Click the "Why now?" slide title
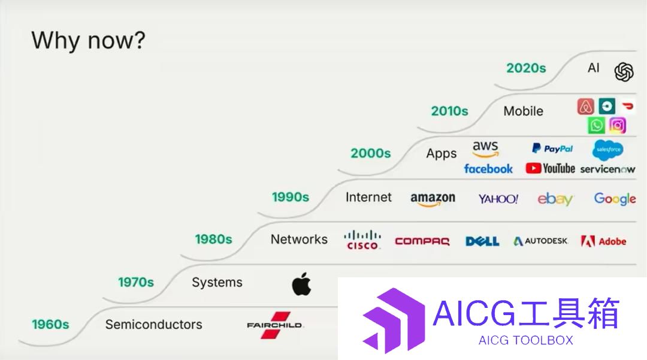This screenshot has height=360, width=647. [88, 40]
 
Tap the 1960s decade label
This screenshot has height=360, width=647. [50, 325]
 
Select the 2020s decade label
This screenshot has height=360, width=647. [526, 68]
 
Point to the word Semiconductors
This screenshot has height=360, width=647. [153, 325]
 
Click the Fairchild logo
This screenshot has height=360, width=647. [275, 325]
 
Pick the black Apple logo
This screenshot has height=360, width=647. [301, 284]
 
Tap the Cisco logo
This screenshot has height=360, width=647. [362, 240]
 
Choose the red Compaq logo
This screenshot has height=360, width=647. [422, 241]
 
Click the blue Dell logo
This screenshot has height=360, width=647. [482, 241]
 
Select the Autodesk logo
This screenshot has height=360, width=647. [540, 241]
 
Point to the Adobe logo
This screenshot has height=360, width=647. [603, 241]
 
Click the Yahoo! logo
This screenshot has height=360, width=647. [498, 199]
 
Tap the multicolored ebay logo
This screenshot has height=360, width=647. [555, 199]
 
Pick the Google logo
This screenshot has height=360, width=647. [615, 199]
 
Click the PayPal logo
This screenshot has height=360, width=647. [552, 149]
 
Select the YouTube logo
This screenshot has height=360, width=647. [550, 168]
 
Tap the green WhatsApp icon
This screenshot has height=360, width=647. [596, 125]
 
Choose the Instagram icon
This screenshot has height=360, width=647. [617, 125]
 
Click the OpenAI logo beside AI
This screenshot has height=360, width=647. [624, 72]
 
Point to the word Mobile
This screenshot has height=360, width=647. [523, 111]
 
